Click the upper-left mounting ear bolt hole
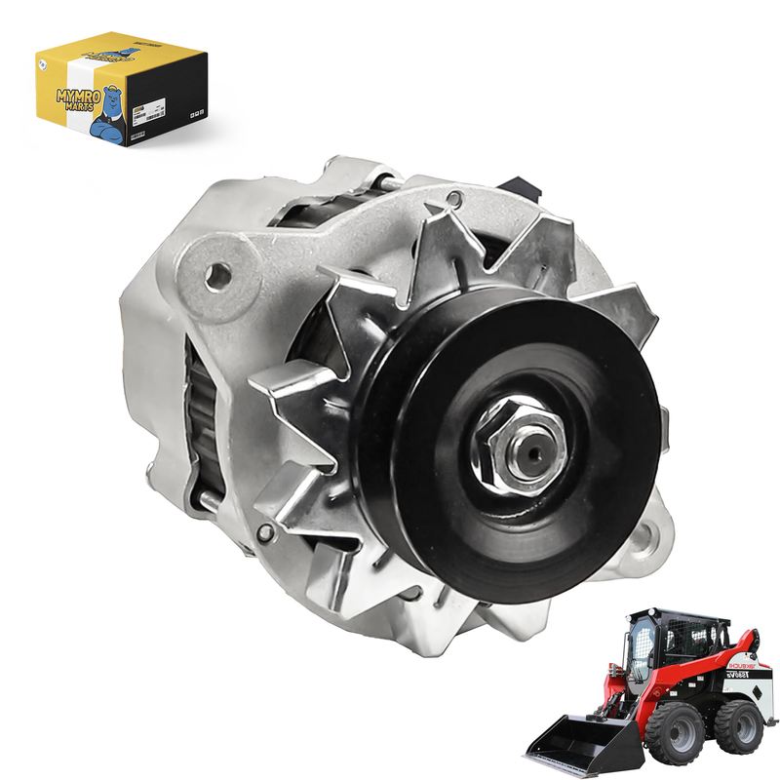pos(218,276)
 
